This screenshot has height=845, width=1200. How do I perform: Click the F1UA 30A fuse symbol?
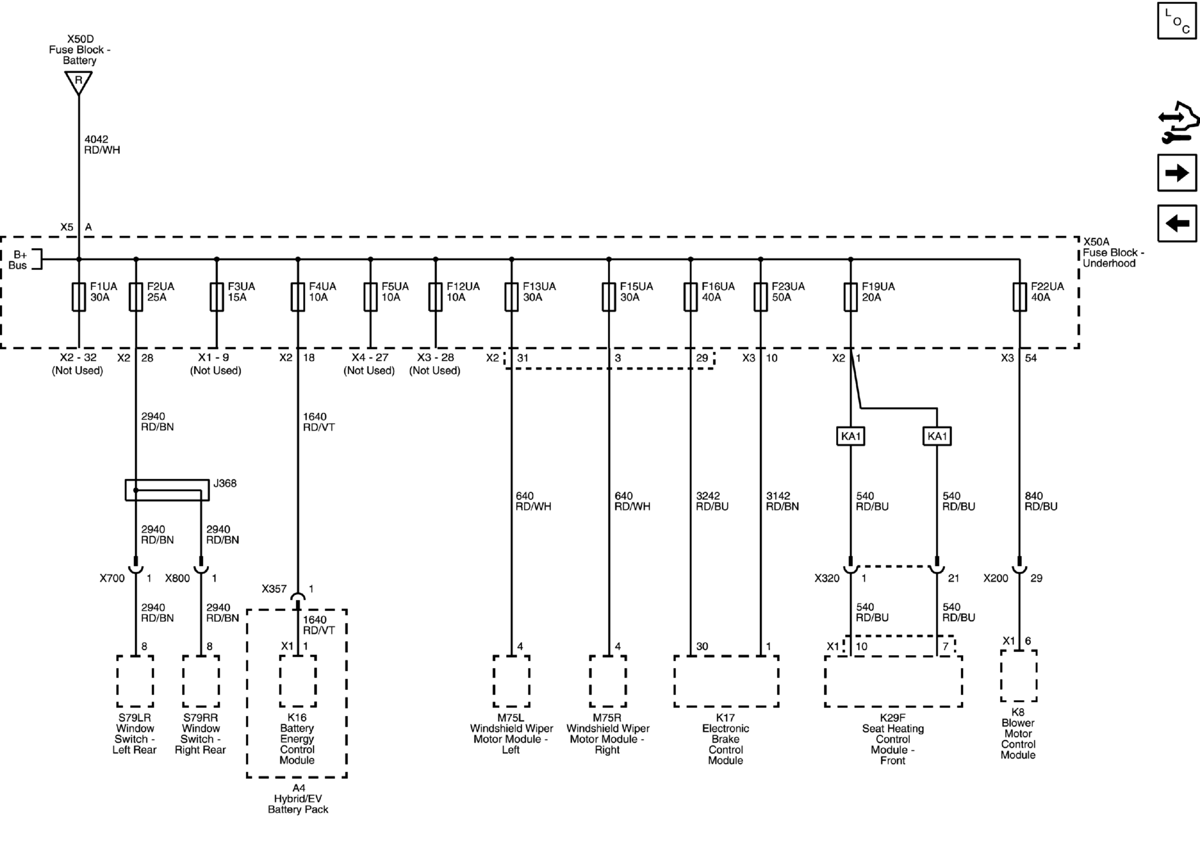click(x=79, y=297)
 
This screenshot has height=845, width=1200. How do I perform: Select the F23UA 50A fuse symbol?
click(x=761, y=297)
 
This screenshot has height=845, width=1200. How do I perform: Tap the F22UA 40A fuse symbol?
click(x=1020, y=297)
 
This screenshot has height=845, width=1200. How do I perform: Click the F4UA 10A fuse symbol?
click(x=298, y=297)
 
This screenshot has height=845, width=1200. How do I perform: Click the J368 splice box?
click(x=167, y=490)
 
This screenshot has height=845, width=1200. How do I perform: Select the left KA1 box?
click(x=851, y=436)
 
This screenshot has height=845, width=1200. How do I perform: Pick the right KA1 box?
click(x=937, y=436)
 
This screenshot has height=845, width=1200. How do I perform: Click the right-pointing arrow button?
click(x=1177, y=172)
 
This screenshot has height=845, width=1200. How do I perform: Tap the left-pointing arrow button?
click(x=1177, y=223)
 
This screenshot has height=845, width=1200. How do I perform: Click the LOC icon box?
click(x=1177, y=20)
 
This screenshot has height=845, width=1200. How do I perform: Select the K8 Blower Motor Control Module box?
click(x=1019, y=676)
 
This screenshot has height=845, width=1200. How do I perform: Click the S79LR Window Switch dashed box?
click(x=135, y=681)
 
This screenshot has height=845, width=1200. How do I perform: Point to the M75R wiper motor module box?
click(x=608, y=681)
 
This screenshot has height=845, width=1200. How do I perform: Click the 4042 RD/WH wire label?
click(x=102, y=145)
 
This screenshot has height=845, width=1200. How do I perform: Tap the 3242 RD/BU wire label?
click(x=712, y=501)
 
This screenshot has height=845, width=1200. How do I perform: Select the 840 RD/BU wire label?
click(x=1041, y=501)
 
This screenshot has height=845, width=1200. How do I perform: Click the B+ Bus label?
click(x=19, y=260)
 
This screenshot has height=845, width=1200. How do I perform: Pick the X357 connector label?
click(x=274, y=589)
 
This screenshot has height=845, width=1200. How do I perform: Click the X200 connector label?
click(x=996, y=578)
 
